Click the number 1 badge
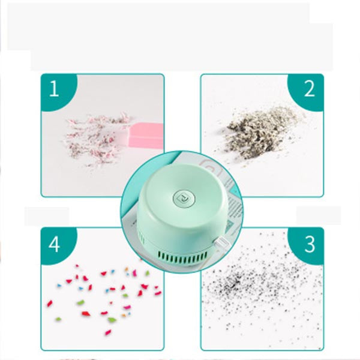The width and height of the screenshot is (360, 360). pos(54,88)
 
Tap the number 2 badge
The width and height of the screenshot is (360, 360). pos(309,89)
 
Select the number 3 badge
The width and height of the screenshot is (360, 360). pos(309,244)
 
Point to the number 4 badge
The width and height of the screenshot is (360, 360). pos(54,244)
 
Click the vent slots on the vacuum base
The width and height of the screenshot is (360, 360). pos(182,257)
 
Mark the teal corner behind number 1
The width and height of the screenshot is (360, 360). pos(55,88)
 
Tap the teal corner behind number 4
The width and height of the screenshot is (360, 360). pos(55,245)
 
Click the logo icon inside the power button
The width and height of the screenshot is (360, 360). pos(184,197)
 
